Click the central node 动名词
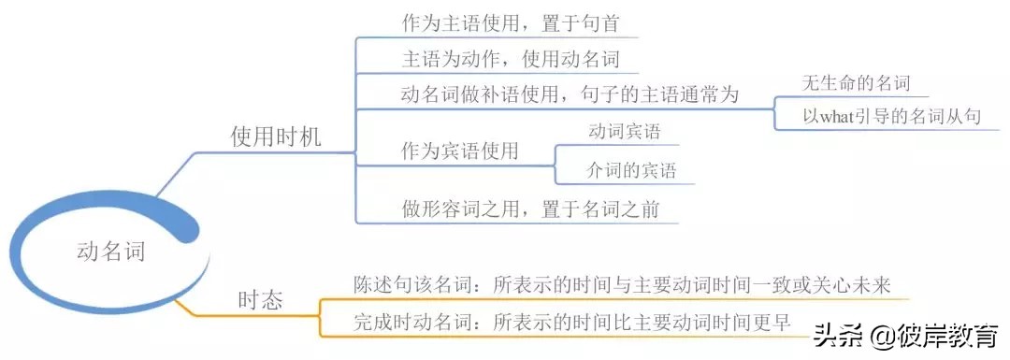click(x=110, y=252)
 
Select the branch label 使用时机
click(x=275, y=137)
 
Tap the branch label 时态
click(x=261, y=301)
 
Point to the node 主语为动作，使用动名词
click(x=510, y=59)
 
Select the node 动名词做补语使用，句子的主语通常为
click(x=570, y=94)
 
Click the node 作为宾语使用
click(x=459, y=151)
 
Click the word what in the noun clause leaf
click(x=838, y=117)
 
